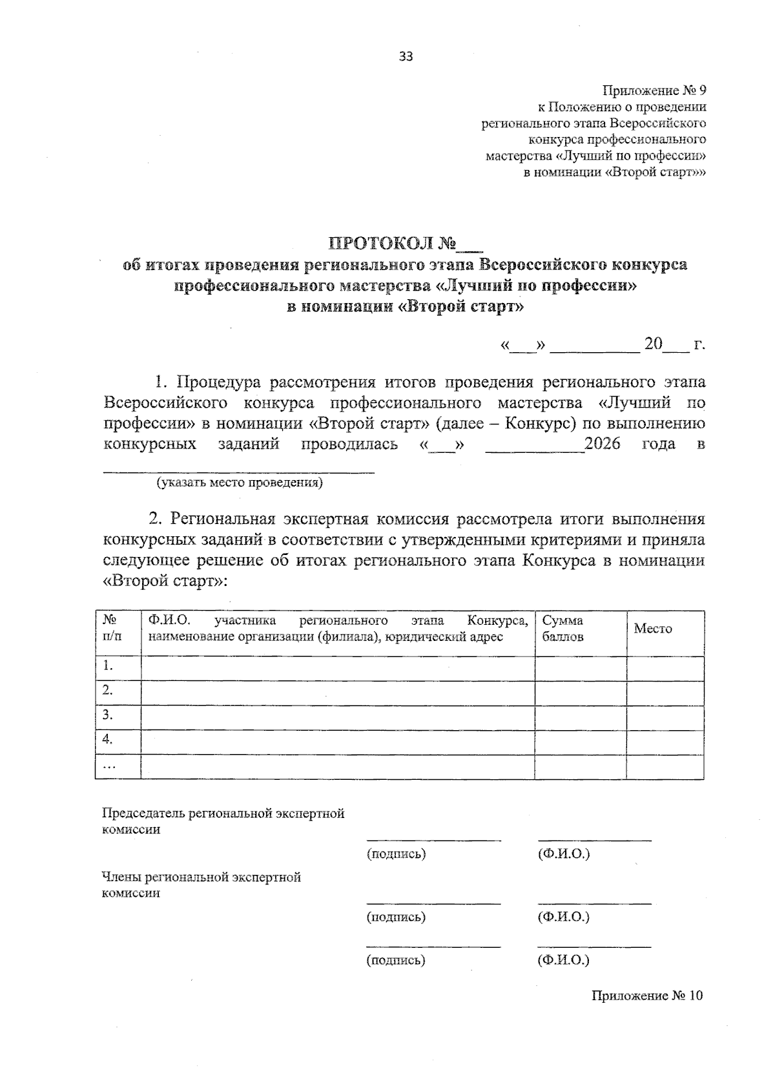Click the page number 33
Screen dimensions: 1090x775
[x=406, y=56]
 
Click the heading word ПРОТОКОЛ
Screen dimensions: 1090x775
[x=381, y=244]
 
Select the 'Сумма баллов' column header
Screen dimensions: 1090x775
[x=563, y=628]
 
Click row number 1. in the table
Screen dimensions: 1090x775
[x=108, y=666]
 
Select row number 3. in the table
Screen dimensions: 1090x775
[x=108, y=715]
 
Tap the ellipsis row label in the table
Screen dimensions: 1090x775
[x=109, y=766]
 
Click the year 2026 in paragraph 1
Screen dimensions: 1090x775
[x=601, y=444]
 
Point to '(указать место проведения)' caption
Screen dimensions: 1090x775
[x=238, y=483]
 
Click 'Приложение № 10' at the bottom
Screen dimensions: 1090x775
[x=646, y=996]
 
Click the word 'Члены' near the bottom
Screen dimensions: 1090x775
[x=122, y=877]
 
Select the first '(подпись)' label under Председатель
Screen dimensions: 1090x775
[x=396, y=854]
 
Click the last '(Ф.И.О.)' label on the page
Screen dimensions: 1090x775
[x=563, y=960]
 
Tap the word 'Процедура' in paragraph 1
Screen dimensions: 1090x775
[x=218, y=382]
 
